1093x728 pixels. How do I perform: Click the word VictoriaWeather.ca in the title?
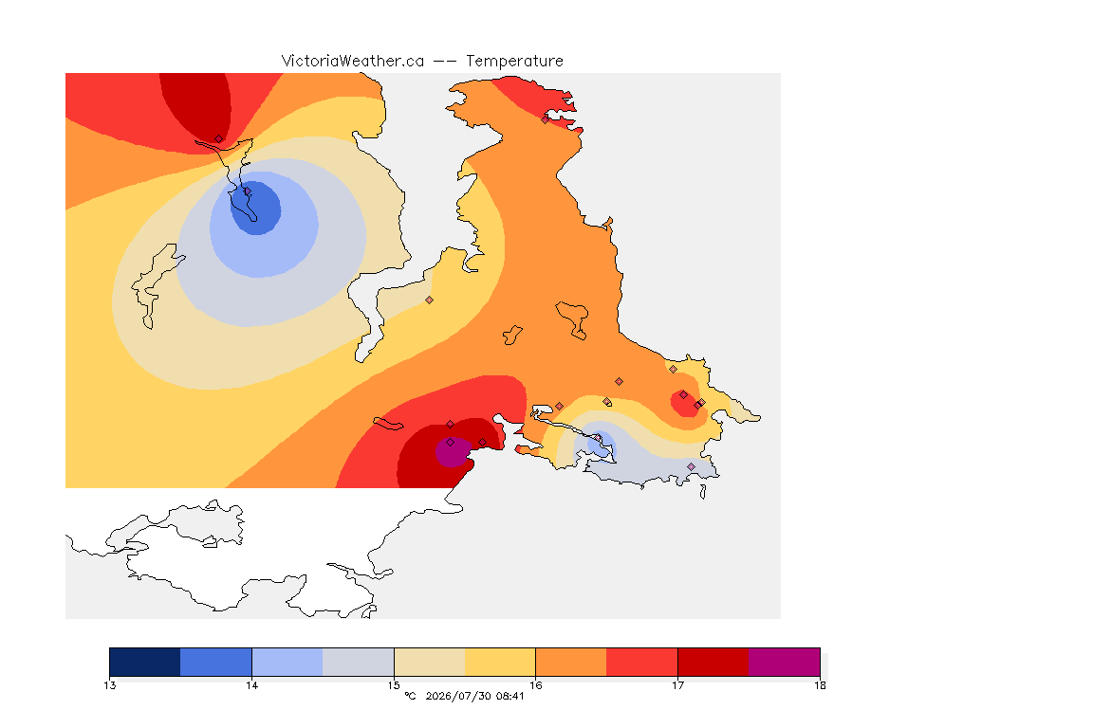353,62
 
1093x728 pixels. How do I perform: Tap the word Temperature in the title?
514,62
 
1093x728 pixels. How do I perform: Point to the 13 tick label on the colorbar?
109,685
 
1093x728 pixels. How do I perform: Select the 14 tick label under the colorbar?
251,685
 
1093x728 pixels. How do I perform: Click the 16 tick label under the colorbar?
535,685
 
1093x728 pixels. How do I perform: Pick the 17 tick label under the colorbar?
677,685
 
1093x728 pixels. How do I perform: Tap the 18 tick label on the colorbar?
820,685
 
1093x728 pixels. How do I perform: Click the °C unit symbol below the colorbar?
410,696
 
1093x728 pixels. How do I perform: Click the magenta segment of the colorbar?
785,662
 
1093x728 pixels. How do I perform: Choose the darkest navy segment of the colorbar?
145,662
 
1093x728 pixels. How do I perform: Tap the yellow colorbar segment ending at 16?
500,662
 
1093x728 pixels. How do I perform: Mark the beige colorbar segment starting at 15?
430,662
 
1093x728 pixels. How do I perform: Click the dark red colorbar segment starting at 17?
713,662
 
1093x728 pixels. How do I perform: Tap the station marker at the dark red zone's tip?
219,139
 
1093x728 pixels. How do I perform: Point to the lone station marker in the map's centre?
430,300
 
